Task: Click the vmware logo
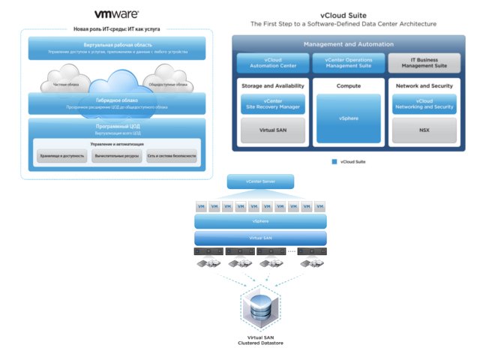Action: point(117,14)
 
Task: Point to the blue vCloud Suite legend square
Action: point(334,161)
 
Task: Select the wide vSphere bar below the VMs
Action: point(259,221)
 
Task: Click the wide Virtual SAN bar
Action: point(259,238)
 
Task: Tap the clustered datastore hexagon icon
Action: point(259,310)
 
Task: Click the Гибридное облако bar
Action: point(116,103)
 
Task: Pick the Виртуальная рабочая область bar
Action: point(116,49)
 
